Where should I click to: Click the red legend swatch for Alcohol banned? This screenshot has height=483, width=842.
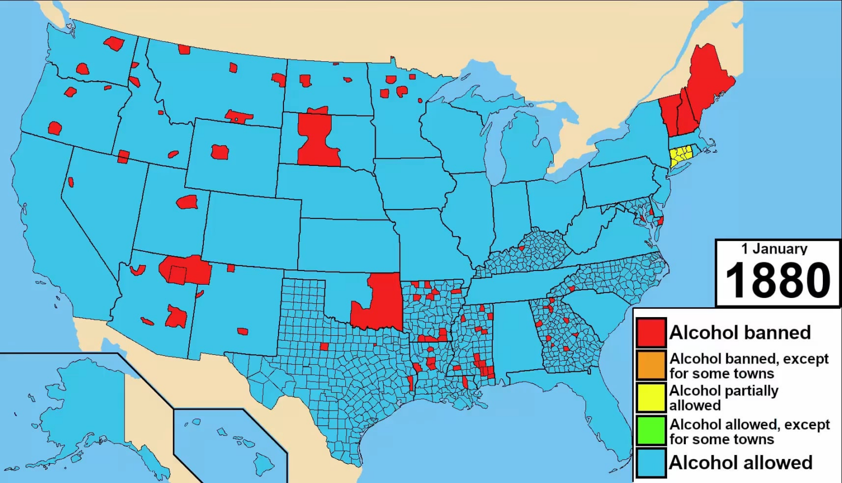point(651,332)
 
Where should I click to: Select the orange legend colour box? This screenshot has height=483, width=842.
point(651,365)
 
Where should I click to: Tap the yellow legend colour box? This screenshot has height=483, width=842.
point(651,398)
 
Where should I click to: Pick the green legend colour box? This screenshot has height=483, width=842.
point(651,431)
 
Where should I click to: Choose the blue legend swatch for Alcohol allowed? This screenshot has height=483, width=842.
point(651,463)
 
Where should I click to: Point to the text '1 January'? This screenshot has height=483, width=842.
point(774,249)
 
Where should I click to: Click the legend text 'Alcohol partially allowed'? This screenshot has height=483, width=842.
point(724,398)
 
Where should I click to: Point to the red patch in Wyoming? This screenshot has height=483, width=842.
point(220,152)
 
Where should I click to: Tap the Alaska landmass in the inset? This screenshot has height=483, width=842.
point(82,405)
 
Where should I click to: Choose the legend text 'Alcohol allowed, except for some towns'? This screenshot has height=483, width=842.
point(749,432)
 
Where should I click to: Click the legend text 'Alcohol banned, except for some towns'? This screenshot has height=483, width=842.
point(749,366)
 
